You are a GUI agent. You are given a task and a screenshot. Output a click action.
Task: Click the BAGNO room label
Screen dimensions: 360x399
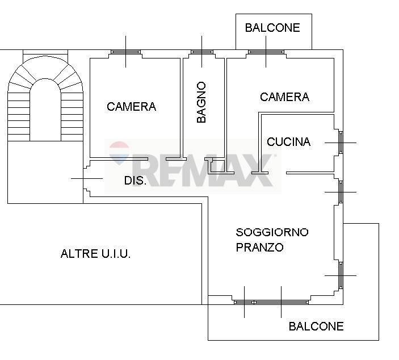pos(201,103)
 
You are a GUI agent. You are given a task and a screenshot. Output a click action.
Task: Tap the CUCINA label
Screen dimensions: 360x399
pos(288,142)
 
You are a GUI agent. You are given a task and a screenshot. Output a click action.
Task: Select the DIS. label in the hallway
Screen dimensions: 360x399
pos(135,181)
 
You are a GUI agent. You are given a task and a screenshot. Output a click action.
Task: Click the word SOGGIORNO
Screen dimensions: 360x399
pos(272,232)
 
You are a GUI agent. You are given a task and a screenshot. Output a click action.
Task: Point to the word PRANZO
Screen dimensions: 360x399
pos(259,248)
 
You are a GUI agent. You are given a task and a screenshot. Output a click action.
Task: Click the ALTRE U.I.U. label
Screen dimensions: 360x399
pos(95,254)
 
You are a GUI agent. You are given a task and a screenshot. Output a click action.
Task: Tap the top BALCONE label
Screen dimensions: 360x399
pos(272,28)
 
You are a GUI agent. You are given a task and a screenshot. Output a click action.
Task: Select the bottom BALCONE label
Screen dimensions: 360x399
pos(316,326)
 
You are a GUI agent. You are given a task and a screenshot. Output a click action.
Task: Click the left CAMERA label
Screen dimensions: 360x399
pos(131,107)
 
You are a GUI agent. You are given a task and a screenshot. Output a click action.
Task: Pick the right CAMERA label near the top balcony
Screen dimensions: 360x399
pos(284,97)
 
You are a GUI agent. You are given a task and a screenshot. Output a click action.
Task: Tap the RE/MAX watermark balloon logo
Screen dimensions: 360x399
pos(119,153)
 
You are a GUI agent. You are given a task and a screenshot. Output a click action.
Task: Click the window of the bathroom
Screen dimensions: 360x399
pos(201,52)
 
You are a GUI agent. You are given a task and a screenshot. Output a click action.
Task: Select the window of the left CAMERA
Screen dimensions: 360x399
pos(125,52)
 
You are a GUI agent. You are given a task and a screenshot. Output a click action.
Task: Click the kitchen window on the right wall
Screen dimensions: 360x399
pos(341,142)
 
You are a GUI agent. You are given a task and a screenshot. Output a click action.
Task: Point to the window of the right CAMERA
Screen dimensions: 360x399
pos(266,52)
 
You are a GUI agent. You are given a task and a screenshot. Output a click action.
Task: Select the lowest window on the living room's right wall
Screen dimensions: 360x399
pos(341,275)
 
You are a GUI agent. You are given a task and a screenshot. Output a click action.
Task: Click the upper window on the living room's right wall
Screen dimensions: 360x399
pos(341,192)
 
